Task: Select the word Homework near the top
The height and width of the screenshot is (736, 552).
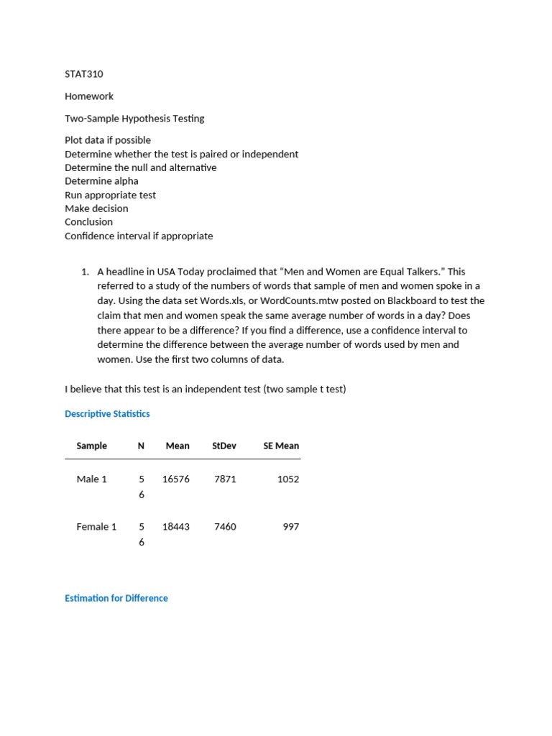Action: [89, 96]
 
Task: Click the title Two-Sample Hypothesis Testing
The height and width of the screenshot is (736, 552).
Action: [134, 118]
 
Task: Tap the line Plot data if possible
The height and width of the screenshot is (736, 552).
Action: [108, 139]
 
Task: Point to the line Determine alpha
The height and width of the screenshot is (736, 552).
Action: [101, 181]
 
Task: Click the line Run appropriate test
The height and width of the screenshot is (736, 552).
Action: [110, 195]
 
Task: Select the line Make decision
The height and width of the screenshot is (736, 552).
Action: [96, 208]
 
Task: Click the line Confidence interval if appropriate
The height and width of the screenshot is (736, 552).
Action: [139, 236]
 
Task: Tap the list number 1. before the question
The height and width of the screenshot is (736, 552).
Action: [84, 272]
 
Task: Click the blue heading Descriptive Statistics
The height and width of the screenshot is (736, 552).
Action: [107, 414]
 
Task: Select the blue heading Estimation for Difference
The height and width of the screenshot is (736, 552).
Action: [116, 598]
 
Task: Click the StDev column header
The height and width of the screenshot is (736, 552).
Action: [224, 446]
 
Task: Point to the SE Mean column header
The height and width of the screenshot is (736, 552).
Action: [281, 446]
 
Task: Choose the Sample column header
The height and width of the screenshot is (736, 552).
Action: [92, 446]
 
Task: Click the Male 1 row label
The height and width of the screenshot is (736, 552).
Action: [92, 479]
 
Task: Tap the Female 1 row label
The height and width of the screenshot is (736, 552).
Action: [96, 527]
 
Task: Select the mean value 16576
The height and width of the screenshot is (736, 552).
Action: [176, 479]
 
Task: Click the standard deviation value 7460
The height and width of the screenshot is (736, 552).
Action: [225, 527]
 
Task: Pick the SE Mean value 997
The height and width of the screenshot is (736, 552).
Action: [291, 527]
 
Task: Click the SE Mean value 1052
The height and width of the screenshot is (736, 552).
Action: [288, 479]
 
